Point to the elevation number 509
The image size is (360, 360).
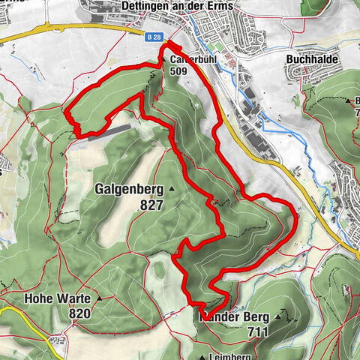179,72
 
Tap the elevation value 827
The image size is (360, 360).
152,204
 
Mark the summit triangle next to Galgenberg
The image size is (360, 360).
172,189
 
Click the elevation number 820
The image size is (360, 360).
78,313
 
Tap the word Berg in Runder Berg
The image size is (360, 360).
254,317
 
